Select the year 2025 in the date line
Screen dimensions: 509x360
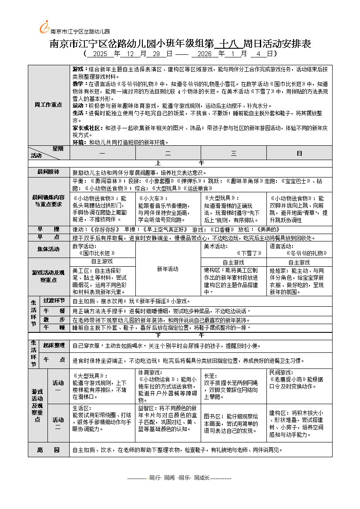point(100,54)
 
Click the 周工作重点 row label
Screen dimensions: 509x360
point(48,105)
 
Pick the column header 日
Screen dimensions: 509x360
point(299,153)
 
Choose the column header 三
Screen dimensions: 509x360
point(233,153)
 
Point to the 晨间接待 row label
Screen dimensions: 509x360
point(48,171)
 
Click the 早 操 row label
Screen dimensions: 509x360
point(48,229)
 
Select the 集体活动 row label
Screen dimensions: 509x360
point(48,249)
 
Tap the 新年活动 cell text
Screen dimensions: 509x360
point(168,269)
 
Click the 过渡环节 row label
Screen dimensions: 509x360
point(54,301)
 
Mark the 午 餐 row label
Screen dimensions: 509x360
point(54,311)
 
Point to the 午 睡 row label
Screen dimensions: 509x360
point(54,327)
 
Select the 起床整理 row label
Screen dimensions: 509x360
point(54,345)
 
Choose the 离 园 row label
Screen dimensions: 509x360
point(48,450)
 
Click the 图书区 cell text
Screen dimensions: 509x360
point(213,416)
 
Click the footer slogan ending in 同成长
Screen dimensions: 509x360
point(180,478)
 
